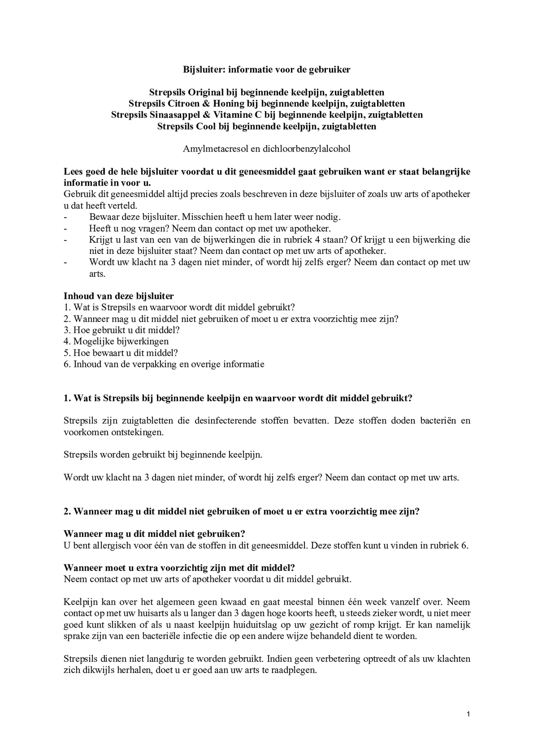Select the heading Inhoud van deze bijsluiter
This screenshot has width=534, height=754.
119,296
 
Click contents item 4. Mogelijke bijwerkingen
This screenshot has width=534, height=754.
116,342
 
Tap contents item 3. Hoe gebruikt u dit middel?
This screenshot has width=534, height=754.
122,330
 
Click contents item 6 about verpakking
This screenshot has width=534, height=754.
164,365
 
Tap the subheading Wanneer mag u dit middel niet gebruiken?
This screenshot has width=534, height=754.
154,534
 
